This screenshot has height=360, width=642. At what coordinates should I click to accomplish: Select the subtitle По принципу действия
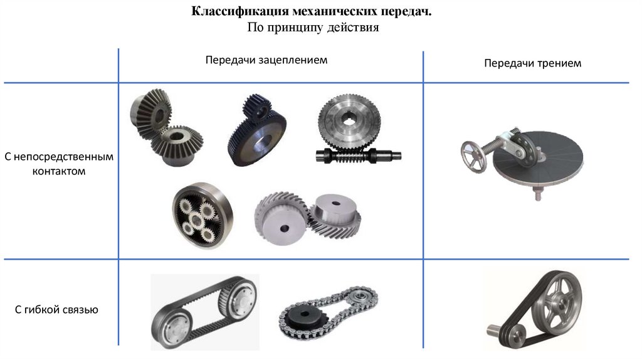313,28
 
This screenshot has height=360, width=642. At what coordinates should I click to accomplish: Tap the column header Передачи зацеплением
266,60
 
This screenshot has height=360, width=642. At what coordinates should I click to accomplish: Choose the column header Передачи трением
532,63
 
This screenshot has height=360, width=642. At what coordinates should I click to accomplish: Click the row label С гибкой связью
56,310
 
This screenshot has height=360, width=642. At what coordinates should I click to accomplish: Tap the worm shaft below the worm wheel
358,156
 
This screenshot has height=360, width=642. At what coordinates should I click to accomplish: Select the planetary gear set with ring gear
202,215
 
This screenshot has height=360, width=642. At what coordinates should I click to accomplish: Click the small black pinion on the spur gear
256,107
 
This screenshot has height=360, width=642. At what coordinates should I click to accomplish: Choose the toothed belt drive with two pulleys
204,312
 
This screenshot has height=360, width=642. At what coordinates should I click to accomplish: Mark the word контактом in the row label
59,171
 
